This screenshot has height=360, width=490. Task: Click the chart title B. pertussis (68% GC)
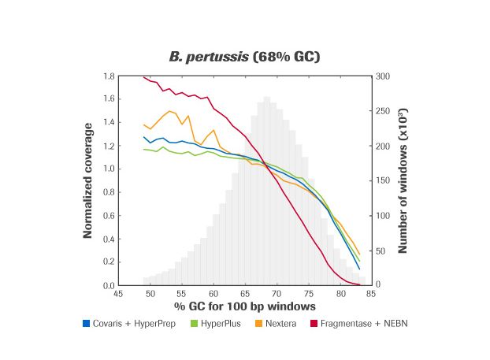point(244,57)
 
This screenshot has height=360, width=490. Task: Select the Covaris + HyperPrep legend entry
point(127,323)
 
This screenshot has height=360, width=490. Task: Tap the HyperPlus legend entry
point(216,323)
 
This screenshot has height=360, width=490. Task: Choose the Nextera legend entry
point(280,323)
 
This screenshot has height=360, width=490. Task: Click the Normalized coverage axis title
point(88,180)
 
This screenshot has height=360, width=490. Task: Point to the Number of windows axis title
point(402,180)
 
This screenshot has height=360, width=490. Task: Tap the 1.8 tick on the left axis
point(110,76)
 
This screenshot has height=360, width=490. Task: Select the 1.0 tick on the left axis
point(110,169)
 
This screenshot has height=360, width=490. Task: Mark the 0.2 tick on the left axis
point(110,262)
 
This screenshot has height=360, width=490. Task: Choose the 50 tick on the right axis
point(380,251)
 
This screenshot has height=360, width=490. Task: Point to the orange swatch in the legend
point(257,323)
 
